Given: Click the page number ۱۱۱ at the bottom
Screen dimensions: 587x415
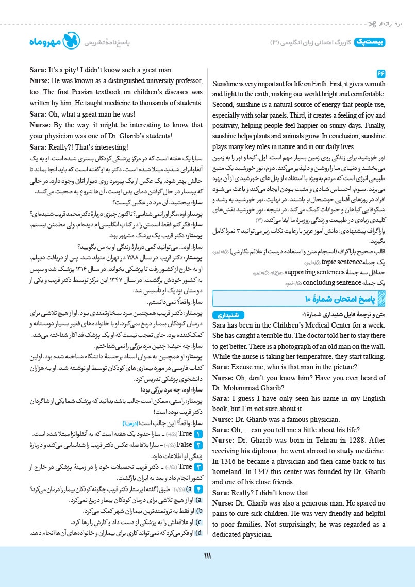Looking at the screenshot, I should tap(208, 555).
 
